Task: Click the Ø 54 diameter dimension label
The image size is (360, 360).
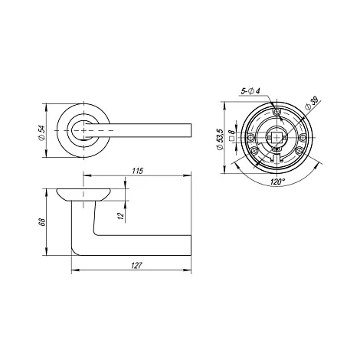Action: (42, 133)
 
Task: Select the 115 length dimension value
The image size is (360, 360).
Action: (138, 171)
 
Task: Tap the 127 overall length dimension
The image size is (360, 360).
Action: (136, 266)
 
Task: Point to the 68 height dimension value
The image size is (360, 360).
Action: (42, 222)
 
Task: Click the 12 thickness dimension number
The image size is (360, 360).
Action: (121, 216)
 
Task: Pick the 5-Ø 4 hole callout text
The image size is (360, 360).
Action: (250, 90)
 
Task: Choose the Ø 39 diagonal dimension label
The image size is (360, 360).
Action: (313, 103)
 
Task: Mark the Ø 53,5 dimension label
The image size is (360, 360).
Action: (220, 139)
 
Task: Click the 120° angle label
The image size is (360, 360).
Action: (277, 182)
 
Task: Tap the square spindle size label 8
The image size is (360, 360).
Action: (231, 133)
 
